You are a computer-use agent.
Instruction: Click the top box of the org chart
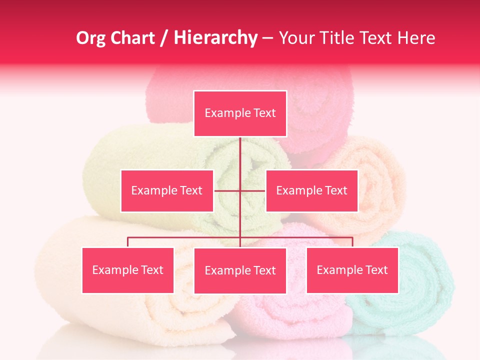(240, 113)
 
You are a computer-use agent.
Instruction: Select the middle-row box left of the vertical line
(167, 190)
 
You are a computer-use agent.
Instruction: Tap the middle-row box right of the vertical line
(311, 190)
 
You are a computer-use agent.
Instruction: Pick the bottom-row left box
(128, 270)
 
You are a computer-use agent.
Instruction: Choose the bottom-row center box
(240, 270)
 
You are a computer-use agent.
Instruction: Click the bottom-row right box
(352, 270)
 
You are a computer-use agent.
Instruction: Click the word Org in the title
(90, 38)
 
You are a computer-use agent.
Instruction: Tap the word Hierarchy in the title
(215, 38)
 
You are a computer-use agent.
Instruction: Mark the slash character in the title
(164, 38)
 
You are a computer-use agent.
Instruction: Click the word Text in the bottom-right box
(376, 270)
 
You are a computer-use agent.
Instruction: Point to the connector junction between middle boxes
(240, 190)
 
